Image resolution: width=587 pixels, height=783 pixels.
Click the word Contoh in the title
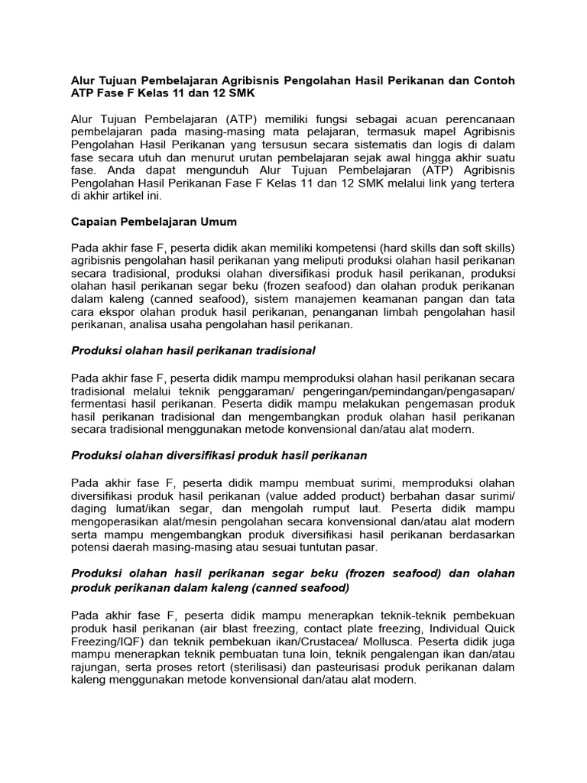coord(493,80)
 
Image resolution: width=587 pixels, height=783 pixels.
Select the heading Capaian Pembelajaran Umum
coord(154,222)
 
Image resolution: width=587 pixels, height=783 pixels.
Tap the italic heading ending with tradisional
coord(193,350)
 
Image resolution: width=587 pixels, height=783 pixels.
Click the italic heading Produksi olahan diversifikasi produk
coord(219,455)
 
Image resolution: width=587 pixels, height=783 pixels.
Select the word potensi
coord(91,548)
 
